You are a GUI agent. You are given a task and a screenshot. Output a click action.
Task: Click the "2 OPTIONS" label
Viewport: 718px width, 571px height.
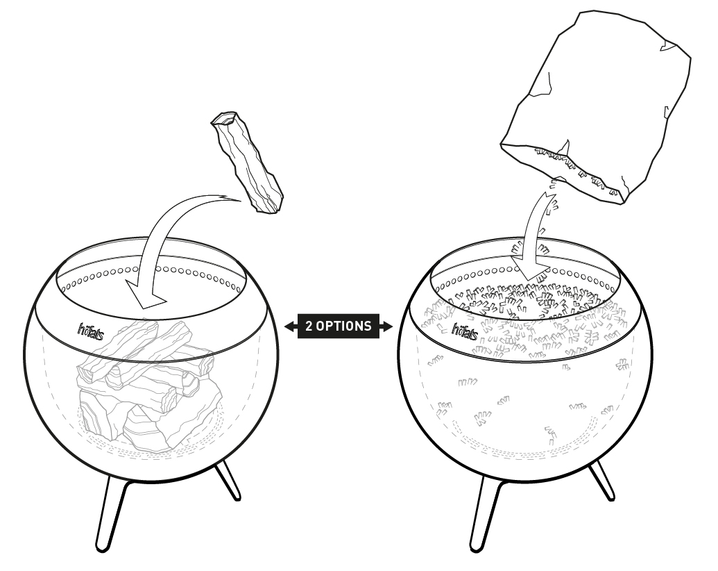pos(339,326)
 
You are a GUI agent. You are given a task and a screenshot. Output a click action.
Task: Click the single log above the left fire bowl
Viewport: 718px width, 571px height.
pos(247,163)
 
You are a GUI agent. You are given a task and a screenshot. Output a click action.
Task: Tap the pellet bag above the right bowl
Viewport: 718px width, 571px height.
pos(595,108)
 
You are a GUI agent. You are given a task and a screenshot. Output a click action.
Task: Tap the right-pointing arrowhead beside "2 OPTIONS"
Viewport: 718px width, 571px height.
pos(386,326)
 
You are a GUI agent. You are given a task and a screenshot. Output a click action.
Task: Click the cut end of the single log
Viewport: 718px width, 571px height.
pos(224,118)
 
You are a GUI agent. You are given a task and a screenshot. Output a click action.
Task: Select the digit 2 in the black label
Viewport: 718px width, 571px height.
pos(309,326)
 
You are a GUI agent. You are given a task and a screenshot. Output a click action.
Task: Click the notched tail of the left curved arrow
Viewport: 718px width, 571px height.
pos(230,198)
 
